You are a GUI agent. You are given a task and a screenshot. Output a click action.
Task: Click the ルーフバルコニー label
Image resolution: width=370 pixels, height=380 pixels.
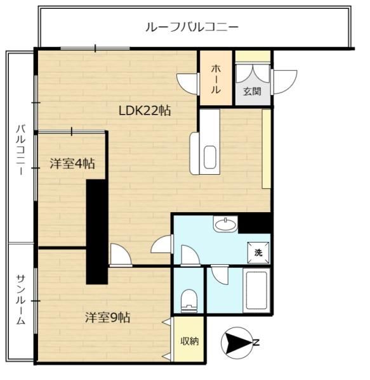point(192,27)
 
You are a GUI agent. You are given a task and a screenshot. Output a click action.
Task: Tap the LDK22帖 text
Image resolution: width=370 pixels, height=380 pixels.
point(145,111)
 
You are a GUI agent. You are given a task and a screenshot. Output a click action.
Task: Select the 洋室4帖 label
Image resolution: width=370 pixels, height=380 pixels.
point(72,163)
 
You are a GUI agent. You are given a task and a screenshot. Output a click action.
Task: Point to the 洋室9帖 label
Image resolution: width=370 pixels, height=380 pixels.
point(107,317)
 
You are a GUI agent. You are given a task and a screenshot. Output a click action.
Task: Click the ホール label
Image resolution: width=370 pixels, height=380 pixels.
point(216,79)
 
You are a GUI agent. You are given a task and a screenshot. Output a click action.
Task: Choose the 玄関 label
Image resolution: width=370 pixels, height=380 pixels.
point(252,91)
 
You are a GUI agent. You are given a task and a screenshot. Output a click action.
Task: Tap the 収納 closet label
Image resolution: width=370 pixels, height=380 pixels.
point(189,341)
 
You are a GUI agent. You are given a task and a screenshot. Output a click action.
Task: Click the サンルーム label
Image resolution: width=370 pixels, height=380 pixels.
point(21,300)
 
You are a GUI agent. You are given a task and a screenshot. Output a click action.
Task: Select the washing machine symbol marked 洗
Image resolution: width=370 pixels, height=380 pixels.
point(258,253)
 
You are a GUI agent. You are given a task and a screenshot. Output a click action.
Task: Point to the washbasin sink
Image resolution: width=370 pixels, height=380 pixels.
point(225,225)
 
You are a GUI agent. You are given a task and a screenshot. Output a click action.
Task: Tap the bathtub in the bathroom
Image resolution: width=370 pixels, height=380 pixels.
point(256,291)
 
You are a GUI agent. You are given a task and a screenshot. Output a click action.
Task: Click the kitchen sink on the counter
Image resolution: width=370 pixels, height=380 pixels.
point(210,157)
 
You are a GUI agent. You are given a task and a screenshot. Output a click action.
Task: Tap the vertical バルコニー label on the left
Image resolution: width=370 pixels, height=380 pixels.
point(21,149)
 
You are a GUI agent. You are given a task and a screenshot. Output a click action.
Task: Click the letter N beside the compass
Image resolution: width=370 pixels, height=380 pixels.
point(256,343)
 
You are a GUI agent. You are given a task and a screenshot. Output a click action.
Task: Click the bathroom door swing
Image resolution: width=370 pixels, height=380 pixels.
point(220,275)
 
